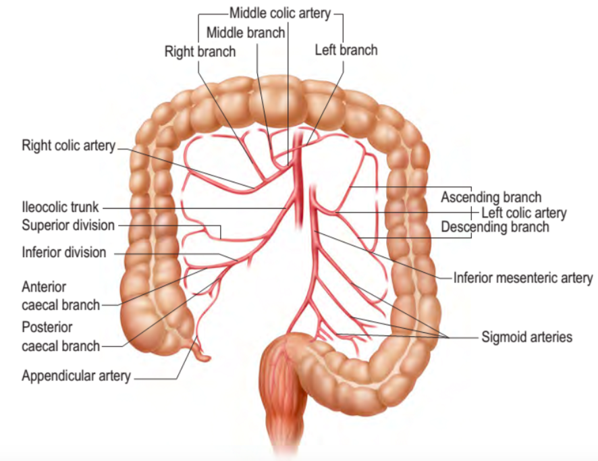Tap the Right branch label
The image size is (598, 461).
pos(200,51)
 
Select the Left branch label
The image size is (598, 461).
pos(346,50)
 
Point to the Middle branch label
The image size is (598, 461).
pos(246,32)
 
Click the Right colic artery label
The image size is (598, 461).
pos(68,146)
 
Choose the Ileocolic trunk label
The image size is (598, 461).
pos(60,207)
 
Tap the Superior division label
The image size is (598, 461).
pos(68,225)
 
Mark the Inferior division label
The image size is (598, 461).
pos(63,252)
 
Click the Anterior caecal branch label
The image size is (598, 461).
pos(60,296)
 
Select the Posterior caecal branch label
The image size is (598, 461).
pos(60,337)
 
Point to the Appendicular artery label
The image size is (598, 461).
pos(76,376)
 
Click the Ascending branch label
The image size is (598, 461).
pos(491,197)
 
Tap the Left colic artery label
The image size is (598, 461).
pos(523,213)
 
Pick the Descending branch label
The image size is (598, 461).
pos(495,227)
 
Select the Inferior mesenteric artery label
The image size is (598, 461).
pos(522,277)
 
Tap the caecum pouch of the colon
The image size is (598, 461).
pos(152,324)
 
